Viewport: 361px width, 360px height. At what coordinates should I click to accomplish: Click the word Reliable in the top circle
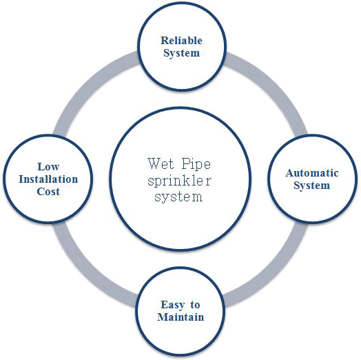181,41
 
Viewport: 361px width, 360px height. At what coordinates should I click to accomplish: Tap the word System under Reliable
181,53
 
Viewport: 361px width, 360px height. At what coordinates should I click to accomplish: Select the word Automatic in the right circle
311,173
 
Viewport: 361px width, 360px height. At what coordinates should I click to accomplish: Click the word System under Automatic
311,186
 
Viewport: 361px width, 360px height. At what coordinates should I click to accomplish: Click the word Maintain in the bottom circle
180,317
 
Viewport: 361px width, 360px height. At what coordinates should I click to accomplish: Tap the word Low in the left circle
48,167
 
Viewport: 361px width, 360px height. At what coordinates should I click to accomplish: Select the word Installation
48,179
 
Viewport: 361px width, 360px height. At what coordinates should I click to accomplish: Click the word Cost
48,192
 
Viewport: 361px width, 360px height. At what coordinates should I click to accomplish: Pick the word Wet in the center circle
161,163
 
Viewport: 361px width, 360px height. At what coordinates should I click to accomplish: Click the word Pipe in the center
196,164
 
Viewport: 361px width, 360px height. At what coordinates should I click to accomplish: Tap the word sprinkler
179,181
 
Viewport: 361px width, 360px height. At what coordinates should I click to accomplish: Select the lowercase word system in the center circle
178,197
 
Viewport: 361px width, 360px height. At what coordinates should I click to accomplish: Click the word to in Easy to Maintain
195,305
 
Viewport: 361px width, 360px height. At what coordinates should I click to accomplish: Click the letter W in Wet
154,163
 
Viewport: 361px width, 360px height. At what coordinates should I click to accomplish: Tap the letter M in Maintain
163,317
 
